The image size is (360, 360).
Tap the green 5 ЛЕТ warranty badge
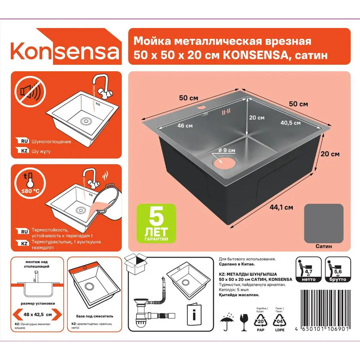coord(157,223)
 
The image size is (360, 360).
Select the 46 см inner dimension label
coord(185,126)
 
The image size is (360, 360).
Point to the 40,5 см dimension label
coord(290,123)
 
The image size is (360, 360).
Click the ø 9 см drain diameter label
coord(227,150)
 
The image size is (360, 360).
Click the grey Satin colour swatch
coord(324,223)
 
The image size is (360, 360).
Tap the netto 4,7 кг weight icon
coord(308,270)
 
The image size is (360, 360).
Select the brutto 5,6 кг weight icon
coord(338,270)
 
